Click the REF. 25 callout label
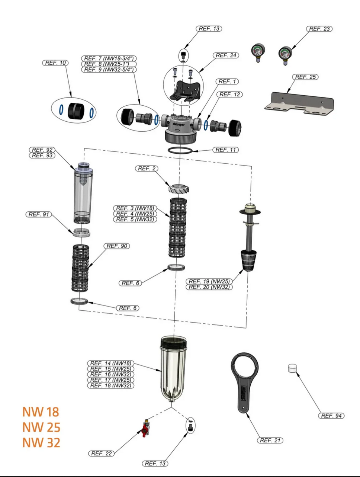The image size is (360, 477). [306, 77]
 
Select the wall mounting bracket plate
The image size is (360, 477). [299, 102]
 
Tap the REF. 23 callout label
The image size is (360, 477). [319, 29]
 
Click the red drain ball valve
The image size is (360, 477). [145, 428]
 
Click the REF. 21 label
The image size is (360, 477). [270, 440]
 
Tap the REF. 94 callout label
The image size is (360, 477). [331, 416]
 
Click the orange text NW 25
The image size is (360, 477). [41, 427]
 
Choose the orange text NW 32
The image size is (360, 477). [41, 443]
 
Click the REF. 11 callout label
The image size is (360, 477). [225, 150]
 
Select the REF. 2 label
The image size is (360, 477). [147, 169]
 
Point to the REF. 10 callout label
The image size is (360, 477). [55, 63]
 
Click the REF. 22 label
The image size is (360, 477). [101, 453]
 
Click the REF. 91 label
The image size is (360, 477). [39, 214]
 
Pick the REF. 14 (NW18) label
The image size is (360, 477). [110, 363]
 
